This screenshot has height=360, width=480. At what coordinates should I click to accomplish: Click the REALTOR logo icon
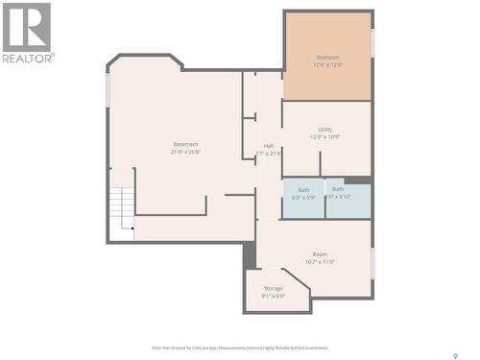pos(27,26)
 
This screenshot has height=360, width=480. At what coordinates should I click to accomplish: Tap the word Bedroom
pos(326,58)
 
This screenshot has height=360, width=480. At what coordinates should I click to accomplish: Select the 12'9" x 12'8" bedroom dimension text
pos(326,66)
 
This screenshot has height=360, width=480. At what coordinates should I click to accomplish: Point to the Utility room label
pos(325,129)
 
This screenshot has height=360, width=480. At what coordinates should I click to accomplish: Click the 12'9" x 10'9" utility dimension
pos(325,137)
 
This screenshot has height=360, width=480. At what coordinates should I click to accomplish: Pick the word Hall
pos(268,146)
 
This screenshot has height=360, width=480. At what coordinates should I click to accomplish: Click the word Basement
pos(185,144)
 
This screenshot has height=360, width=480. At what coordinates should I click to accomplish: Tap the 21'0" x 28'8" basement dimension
pos(185,153)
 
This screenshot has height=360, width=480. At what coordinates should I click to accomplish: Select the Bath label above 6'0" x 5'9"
pos(303,189)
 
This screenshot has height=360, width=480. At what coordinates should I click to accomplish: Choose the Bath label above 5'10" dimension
pos(338,189)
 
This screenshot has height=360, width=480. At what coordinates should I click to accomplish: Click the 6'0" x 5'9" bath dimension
pos(303,198)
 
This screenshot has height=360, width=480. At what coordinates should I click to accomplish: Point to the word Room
pos(319,253)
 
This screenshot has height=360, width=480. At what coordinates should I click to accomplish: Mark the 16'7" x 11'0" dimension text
pos(319,262)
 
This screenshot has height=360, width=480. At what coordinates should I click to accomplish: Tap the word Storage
pos(274,288)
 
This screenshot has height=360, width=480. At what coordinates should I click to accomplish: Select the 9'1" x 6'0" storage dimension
pos(274,297)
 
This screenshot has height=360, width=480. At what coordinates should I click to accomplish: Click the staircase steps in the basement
pos(120,204)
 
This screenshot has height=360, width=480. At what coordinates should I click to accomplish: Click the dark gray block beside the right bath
pos(357,180)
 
